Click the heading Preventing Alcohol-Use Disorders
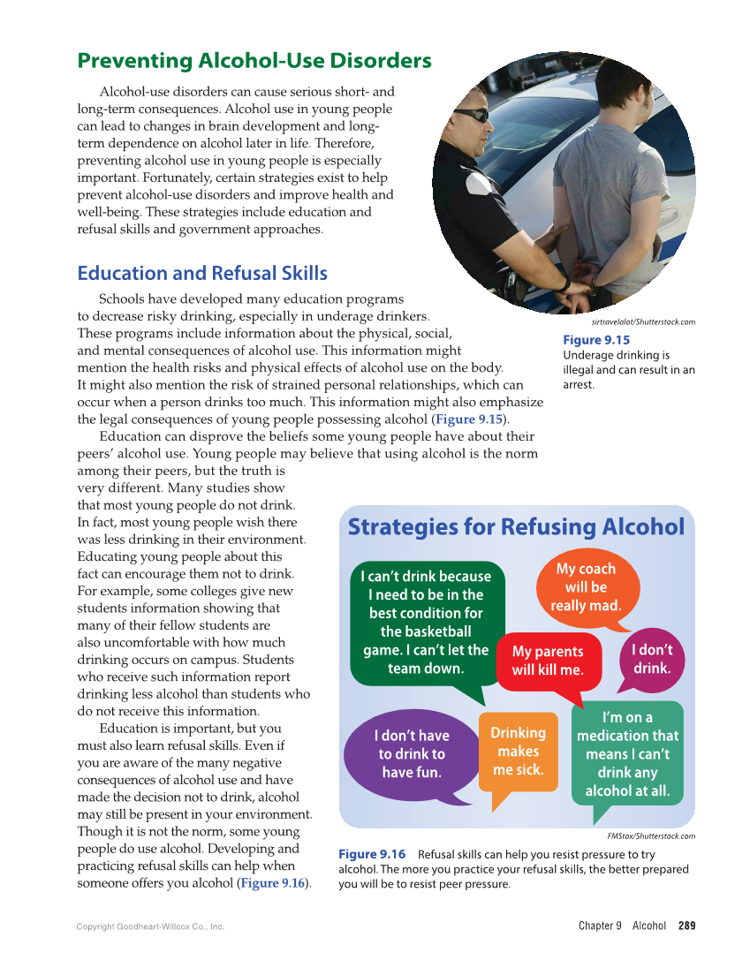(x=254, y=61)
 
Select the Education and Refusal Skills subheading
(x=202, y=273)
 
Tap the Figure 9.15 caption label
(x=596, y=340)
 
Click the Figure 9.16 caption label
(x=372, y=854)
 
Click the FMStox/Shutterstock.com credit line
(x=651, y=835)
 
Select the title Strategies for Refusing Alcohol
(x=516, y=527)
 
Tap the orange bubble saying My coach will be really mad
(x=586, y=587)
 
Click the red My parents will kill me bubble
(x=548, y=661)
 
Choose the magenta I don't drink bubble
(x=652, y=659)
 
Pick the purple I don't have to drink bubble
(x=411, y=753)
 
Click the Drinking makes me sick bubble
(x=518, y=751)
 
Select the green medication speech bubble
(x=627, y=753)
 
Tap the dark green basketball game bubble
(x=426, y=622)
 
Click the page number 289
(x=686, y=926)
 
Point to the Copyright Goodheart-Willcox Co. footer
(x=150, y=926)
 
